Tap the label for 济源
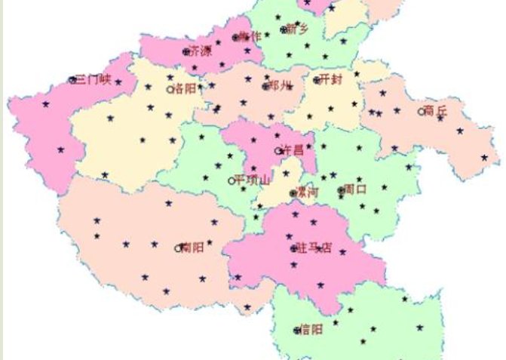(x=201, y=52)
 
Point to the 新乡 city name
(x=298, y=29)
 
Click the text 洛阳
(x=185, y=89)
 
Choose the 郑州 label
(x=280, y=86)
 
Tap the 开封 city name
(x=331, y=79)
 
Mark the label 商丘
(x=436, y=111)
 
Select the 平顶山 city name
(x=252, y=180)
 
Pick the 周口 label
(x=355, y=189)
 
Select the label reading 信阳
(x=311, y=329)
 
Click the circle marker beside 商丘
(x=422, y=111)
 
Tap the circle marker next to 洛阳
(x=170, y=89)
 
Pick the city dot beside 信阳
(x=296, y=330)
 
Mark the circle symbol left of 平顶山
(x=231, y=180)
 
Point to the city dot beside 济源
(x=186, y=52)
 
